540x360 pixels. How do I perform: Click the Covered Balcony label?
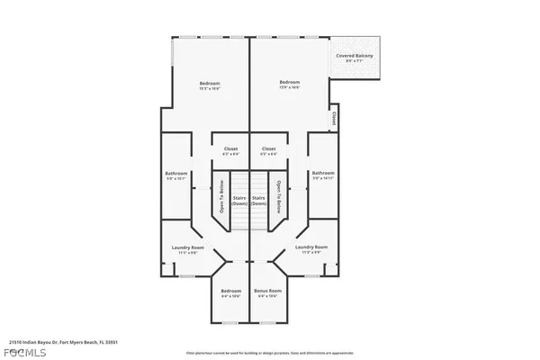(x=355, y=56)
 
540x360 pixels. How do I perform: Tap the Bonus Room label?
(x=268, y=291)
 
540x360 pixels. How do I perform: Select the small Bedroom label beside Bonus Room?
(x=231, y=291)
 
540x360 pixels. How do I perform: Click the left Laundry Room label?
(x=187, y=247)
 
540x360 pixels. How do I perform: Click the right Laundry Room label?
(x=311, y=247)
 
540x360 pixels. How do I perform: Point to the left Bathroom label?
(x=176, y=173)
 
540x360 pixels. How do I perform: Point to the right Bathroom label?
(x=322, y=173)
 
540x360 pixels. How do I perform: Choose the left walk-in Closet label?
(x=230, y=148)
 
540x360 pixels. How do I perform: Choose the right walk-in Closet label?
(x=268, y=148)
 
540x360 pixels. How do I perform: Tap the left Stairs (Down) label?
(x=239, y=200)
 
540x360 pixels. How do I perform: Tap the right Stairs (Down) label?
(x=259, y=200)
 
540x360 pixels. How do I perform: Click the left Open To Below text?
(x=220, y=197)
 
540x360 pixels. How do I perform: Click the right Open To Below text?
(x=280, y=197)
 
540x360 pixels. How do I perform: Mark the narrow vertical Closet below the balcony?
(x=334, y=117)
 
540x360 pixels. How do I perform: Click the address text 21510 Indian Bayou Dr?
(x=63, y=342)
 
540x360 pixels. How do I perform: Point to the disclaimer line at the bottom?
(x=270, y=354)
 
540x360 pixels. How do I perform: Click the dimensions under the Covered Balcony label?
(x=355, y=62)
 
